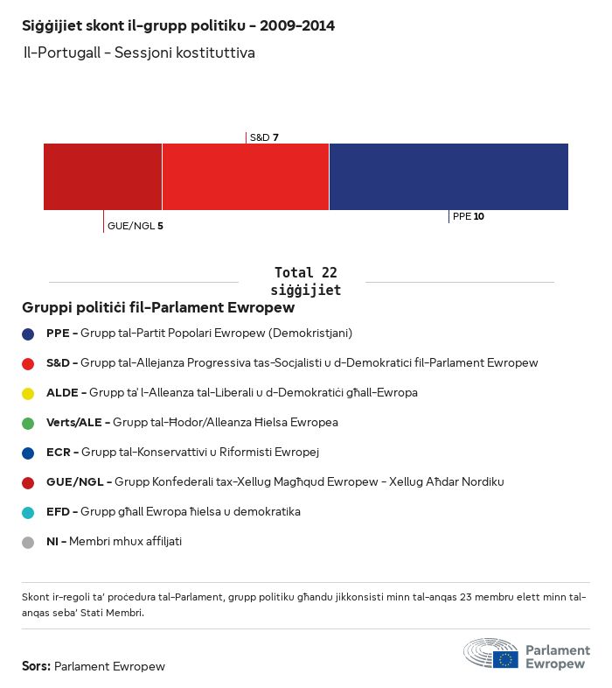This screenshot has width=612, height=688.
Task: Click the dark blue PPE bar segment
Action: tap(449, 177)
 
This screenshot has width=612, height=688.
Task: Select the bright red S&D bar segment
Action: tap(246, 177)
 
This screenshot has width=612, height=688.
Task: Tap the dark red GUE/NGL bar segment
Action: tap(103, 177)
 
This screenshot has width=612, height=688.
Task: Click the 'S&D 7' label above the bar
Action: tap(264, 137)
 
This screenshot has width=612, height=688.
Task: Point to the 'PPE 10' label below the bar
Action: tap(469, 216)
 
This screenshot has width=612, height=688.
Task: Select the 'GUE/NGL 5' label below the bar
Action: tap(136, 226)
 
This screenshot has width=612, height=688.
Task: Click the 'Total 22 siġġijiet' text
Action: tap(305, 281)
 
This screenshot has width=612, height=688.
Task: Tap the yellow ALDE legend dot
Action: tap(28, 393)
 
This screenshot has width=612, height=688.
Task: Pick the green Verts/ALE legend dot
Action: tap(28, 423)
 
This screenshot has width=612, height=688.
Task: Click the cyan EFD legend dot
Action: tap(28, 512)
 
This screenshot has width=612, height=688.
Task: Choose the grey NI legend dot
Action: tap(28, 542)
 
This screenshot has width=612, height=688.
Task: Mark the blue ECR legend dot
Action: tap(28, 453)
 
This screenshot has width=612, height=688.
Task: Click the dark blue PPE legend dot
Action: tap(28, 333)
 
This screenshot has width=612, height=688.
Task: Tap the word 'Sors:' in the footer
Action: tap(36, 666)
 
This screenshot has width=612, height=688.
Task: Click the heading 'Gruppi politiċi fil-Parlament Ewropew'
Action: tap(158, 308)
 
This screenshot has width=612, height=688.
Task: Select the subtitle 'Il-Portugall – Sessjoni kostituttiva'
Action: tap(139, 53)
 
